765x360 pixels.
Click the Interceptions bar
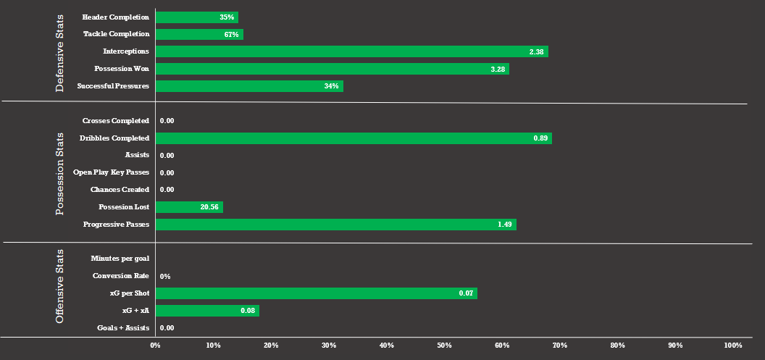pyautogui.click(x=351, y=51)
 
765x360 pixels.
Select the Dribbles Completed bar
pyautogui.click(x=354, y=138)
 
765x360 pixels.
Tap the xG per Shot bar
pyautogui.click(x=316, y=293)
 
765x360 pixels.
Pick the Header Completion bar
pyautogui.click(x=196, y=17)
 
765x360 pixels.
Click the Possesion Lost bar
pyautogui.click(x=189, y=207)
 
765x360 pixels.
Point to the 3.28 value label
pyautogui.click(x=497, y=69)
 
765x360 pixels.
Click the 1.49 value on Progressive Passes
pyautogui.click(x=505, y=225)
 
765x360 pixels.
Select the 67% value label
pyautogui.click(x=231, y=34)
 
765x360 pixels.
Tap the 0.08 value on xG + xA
pyautogui.click(x=248, y=311)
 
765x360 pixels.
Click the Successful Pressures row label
pyautogui.click(x=113, y=86)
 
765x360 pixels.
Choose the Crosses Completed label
pyautogui.click(x=116, y=121)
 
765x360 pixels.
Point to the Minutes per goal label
pyautogui.click(x=120, y=259)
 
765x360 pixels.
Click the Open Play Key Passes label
pyautogui.click(x=111, y=172)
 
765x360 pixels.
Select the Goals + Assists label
pyautogui.click(x=123, y=328)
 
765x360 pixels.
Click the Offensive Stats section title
pyautogui.click(x=60, y=287)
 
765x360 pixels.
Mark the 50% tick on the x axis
pyautogui.click(x=444, y=346)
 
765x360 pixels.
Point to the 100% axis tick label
pyautogui.click(x=732, y=346)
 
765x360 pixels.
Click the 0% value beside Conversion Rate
pyautogui.click(x=164, y=277)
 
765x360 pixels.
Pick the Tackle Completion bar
pyautogui.click(x=199, y=34)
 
